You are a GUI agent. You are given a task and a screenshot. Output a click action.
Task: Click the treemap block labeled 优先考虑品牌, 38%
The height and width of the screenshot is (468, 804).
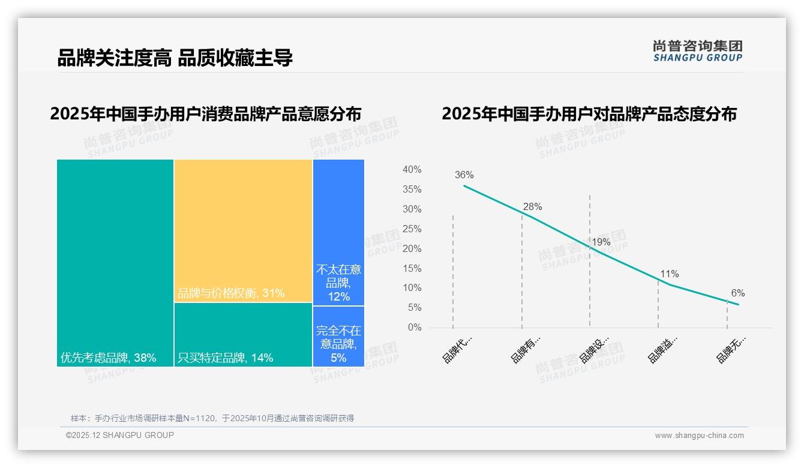click(115, 262)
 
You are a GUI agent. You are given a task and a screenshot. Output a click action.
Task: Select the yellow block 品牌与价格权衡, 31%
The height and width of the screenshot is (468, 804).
click(243, 230)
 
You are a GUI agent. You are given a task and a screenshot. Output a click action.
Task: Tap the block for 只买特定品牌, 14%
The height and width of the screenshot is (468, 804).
click(243, 334)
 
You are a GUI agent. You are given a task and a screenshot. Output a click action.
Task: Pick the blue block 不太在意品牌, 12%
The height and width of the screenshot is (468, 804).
click(338, 232)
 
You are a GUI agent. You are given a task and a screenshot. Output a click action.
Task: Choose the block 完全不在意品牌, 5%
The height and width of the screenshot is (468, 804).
click(338, 336)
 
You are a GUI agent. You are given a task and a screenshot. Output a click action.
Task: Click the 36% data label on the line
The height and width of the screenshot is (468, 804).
click(464, 175)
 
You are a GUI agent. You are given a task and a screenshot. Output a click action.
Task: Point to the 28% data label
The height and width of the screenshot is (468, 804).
click(532, 207)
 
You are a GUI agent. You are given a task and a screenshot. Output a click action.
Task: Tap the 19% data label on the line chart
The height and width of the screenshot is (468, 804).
click(601, 242)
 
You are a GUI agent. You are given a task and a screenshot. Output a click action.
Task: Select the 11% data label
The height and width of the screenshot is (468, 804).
click(669, 274)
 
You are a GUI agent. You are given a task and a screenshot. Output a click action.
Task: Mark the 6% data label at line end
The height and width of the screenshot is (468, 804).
click(737, 293)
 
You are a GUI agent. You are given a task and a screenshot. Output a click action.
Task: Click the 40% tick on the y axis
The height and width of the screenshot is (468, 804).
click(412, 170)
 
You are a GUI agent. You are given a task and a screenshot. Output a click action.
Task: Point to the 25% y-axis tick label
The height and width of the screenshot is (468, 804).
click(412, 229)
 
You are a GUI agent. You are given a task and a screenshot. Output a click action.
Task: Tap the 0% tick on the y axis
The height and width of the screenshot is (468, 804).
click(414, 328)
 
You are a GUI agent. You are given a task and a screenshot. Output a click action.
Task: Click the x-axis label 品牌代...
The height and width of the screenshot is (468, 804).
click(457, 350)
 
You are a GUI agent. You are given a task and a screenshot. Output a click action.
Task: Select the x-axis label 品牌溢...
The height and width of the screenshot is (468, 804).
click(662, 350)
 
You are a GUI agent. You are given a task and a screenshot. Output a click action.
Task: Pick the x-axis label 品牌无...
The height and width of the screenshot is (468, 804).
click(731, 350)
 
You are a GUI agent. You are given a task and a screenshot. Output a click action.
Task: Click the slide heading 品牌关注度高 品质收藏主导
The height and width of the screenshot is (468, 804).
click(175, 58)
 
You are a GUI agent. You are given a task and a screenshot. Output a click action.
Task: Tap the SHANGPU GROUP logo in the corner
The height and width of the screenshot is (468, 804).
click(697, 51)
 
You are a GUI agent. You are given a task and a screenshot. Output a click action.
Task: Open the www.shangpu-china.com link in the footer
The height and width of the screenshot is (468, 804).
click(699, 436)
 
